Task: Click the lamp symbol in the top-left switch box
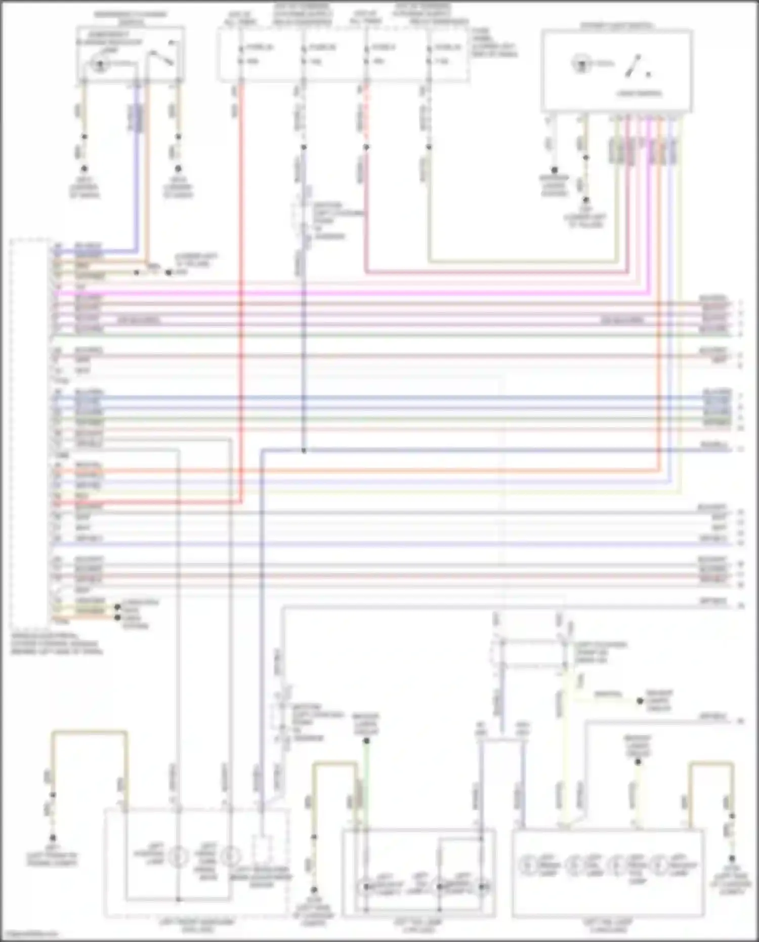(100, 64)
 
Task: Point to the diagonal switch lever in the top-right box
(632, 66)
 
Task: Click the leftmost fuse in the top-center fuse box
(241, 54)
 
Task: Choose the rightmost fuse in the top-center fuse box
(429, 54)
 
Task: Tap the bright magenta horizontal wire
(354, 293)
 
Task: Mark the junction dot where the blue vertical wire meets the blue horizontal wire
(304, 450)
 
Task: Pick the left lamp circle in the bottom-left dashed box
(178, 856)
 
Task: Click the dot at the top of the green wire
(367, 741)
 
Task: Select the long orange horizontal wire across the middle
(354, 470)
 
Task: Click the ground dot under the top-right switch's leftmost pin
(554, 170)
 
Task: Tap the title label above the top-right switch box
(616, 25)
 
